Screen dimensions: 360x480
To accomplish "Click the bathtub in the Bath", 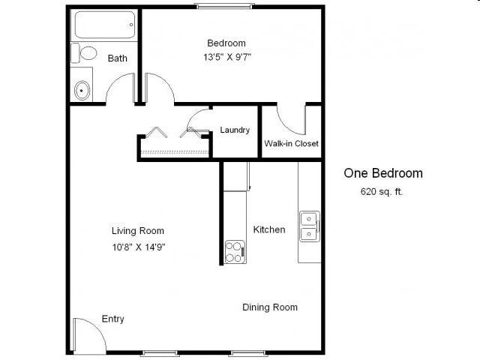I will pyautogui.click(x=104, y=25).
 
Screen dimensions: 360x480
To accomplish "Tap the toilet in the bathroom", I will pyautogui.click(x=85, y=53).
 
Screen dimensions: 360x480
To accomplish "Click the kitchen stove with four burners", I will pyautogui.click(x=235, y=251).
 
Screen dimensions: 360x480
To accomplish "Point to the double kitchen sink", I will pyautogui.click(x=309, y=226).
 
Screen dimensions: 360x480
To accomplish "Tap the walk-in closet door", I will pyautogui.click(x=291, y=120).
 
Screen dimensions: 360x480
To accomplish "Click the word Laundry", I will pyautogui.click(x=235, y=130).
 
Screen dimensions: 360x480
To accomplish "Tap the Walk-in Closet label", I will pyautogui.click(x=291, y=143).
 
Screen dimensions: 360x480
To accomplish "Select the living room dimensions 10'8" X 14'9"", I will pyautogui.click(x=138, y=245).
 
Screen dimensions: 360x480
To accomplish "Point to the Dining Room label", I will pyautogui.click(x=269, y=307).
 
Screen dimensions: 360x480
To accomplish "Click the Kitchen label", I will pyautogui.click(x=268, y=229).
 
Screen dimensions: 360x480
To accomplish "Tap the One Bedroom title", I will pyautogui.click(x=382, y=173).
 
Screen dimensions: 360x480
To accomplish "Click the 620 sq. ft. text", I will pyautogui.click(x=382, y=191).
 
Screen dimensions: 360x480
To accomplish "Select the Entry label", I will pyautogui.click(x=112, y=319).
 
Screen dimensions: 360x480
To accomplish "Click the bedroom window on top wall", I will pyautogui.click(x=224, y=7).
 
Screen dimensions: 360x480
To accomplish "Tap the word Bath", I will pyautogui.click(x=117, y=58).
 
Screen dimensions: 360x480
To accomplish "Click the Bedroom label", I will pyautogui.click(x=226, y=43).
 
